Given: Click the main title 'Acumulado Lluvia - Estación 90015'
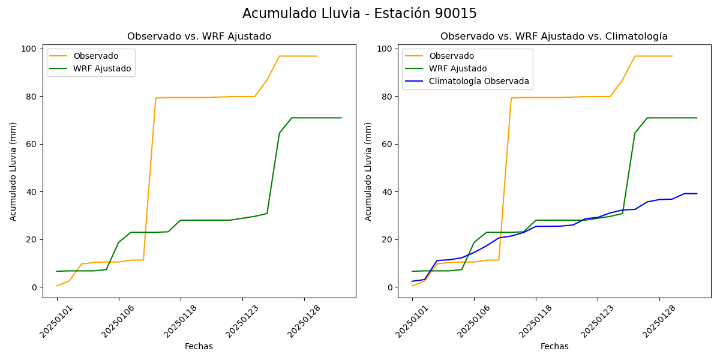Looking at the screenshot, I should click(x=359, y=13).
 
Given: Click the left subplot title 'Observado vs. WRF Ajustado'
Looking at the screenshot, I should click(x=199, y=37).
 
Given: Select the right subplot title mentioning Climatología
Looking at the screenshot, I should click(x=554, y=37).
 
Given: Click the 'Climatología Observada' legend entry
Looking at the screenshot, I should click(x=479, y=81).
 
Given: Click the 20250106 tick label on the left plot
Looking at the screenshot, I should click(x=118, y=322).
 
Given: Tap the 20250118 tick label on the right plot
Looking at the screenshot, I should click(x=534, y=322).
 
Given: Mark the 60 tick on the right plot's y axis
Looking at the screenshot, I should click(x=386, y=144).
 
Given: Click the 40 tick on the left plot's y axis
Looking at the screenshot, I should click(x=31, y=192).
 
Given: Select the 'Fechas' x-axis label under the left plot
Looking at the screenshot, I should click(x=199, y=346).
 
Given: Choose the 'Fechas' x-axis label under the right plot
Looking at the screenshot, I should click(x=554, y=346).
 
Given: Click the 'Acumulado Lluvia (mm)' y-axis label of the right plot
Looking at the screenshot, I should click(x=368, y=171).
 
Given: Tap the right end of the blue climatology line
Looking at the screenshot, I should click(x=697, y=194).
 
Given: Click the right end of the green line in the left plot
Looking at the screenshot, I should click(x=341, y=118).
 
